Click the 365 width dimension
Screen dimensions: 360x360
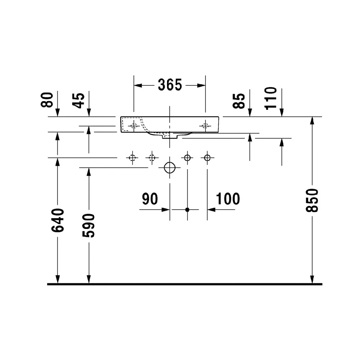(170, 85)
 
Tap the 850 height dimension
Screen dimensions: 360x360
(312, 200)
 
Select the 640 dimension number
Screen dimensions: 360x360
(58, 220)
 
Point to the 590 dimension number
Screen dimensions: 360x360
(89, 225)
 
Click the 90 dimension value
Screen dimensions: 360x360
(150, 199)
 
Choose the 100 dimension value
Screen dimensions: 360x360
(228, 199)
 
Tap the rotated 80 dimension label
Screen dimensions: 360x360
(47, 100)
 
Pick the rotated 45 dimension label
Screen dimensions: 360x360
(78, 100)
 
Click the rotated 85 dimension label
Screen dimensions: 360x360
(239, 101)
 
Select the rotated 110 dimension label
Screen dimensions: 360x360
(271, 99)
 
